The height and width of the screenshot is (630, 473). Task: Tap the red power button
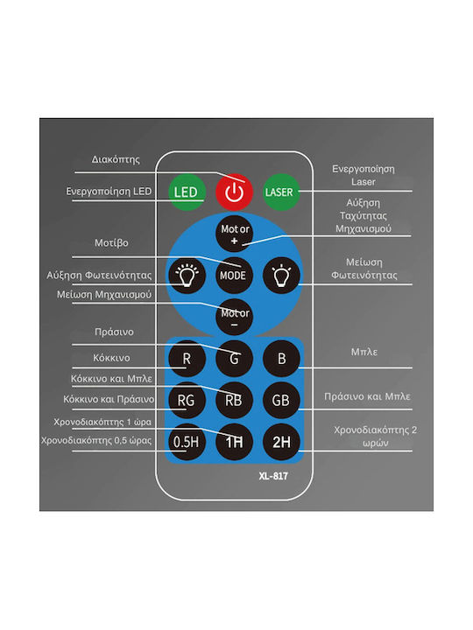234,192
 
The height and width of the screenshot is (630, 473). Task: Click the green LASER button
281,192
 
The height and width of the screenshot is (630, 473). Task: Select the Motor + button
234,234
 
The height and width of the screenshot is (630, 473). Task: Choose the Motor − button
234,317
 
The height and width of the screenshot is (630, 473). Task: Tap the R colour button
187,359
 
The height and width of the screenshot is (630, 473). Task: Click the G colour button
234,359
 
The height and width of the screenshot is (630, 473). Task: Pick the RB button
234,400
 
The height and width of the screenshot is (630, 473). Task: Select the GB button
281,400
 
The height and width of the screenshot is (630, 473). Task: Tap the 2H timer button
281,442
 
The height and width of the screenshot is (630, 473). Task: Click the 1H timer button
234,442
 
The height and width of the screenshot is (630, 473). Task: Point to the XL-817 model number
273,476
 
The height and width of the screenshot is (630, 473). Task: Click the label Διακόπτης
116,160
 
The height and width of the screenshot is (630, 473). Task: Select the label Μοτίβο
111,242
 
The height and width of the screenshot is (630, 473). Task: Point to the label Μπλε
364,352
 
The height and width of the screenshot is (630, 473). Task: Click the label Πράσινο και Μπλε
367,396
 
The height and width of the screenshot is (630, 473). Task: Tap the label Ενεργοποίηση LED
109,192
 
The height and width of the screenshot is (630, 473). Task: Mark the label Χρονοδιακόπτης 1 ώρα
102,422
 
